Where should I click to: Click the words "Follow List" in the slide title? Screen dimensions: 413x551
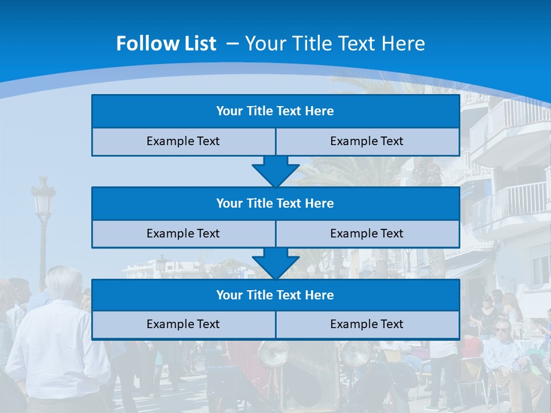click(x=166, y=44)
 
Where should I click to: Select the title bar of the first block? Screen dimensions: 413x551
click(x=275, y=111)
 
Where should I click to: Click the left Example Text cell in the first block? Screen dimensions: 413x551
click(x=183, y=142)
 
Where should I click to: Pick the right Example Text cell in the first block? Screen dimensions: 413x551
click(x=367, y=142)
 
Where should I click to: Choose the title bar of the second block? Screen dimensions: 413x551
click(x=275, y=204)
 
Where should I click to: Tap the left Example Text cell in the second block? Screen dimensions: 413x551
click(x=183, y=234)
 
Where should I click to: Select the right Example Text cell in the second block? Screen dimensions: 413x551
click(x=367, y=234)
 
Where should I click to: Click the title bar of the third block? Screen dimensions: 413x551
click(x=275, y=295)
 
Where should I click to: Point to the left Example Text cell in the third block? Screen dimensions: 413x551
click(x=183, y=325)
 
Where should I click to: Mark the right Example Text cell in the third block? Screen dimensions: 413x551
click(x=367, y=325)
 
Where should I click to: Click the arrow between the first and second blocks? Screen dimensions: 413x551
click(x=275, y=171)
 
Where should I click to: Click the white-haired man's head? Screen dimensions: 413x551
click(x=64, y=284)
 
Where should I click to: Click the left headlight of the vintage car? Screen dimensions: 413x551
click(x=273, y=354)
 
